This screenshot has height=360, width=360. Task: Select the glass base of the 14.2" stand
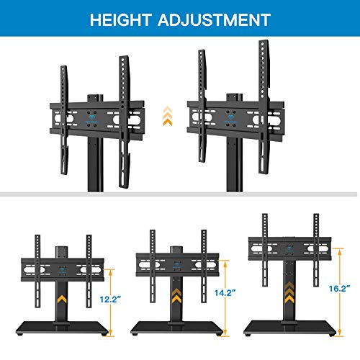(x=176, y=327)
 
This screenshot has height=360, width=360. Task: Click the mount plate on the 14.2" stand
(x=176, y=267)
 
